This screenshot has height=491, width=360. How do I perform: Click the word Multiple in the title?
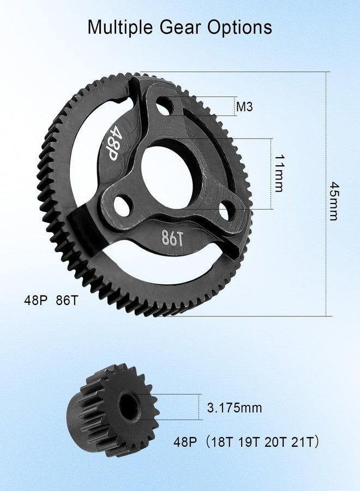121,27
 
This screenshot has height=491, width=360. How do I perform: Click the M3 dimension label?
244,107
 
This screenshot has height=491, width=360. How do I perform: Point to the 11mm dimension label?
279,173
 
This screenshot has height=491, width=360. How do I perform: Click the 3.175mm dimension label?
235,408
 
